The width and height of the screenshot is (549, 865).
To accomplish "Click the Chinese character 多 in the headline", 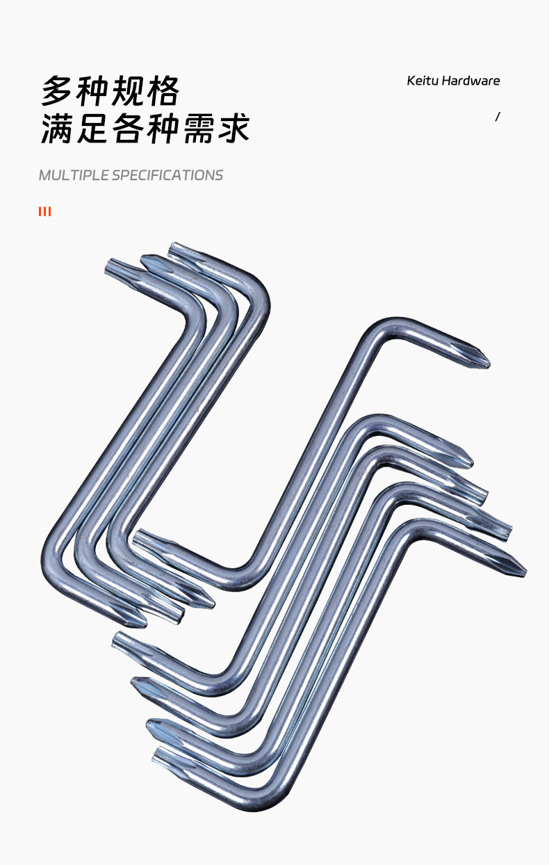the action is tap(56, 91).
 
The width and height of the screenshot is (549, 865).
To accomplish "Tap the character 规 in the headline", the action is tap(128, 91).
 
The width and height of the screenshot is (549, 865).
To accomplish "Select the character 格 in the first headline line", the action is tap(163, 91).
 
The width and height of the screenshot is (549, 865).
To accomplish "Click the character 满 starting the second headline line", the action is tap(56, 129).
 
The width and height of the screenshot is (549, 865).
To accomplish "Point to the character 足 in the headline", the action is tap(92, 129).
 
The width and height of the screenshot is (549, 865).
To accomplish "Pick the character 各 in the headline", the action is tap(128, 129).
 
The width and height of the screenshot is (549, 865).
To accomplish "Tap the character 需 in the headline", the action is tap(199, 129).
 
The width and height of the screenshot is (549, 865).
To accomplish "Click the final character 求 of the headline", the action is tap(234, 129).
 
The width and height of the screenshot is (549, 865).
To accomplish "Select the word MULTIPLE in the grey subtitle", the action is tap(74, 175).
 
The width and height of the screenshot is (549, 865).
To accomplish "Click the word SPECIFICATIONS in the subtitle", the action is tap(167, 175).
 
